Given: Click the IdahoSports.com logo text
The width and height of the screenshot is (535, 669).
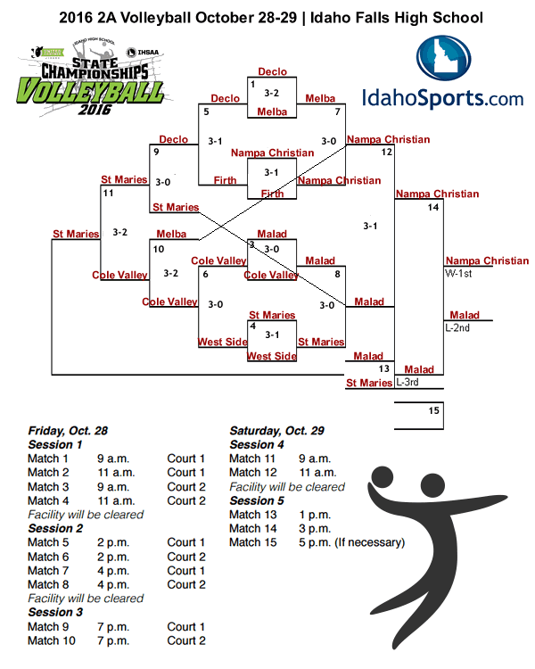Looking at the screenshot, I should tap(442, 97).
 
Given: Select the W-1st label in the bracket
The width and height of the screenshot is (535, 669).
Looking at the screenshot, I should tap(458, 274).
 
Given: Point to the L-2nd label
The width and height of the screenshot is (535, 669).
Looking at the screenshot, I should tap(457, 327).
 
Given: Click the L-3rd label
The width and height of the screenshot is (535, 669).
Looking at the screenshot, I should tap(407, 382).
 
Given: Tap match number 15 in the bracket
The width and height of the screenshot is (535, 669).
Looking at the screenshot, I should tap(434, 410).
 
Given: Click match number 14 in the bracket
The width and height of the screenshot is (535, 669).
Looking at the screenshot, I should tap(433, 208).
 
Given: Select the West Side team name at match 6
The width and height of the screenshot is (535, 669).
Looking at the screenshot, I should tap(223, 342).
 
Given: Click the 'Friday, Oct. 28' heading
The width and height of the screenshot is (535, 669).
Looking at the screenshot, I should tap(67, 430).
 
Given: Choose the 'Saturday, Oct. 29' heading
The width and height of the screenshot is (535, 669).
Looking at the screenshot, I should tap(276, 430).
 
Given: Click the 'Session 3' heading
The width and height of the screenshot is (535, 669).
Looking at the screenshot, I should tap(55, 612).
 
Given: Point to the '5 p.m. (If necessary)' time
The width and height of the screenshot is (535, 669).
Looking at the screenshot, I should tap(351, 542).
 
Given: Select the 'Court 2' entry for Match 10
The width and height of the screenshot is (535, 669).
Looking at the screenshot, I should tap(186, 640).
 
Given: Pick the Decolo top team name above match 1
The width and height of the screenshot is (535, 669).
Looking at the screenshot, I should tap(272, 71).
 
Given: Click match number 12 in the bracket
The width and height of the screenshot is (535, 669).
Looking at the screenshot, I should tap(386, 153).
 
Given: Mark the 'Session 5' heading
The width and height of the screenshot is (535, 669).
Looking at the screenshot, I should tap(257, 500).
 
